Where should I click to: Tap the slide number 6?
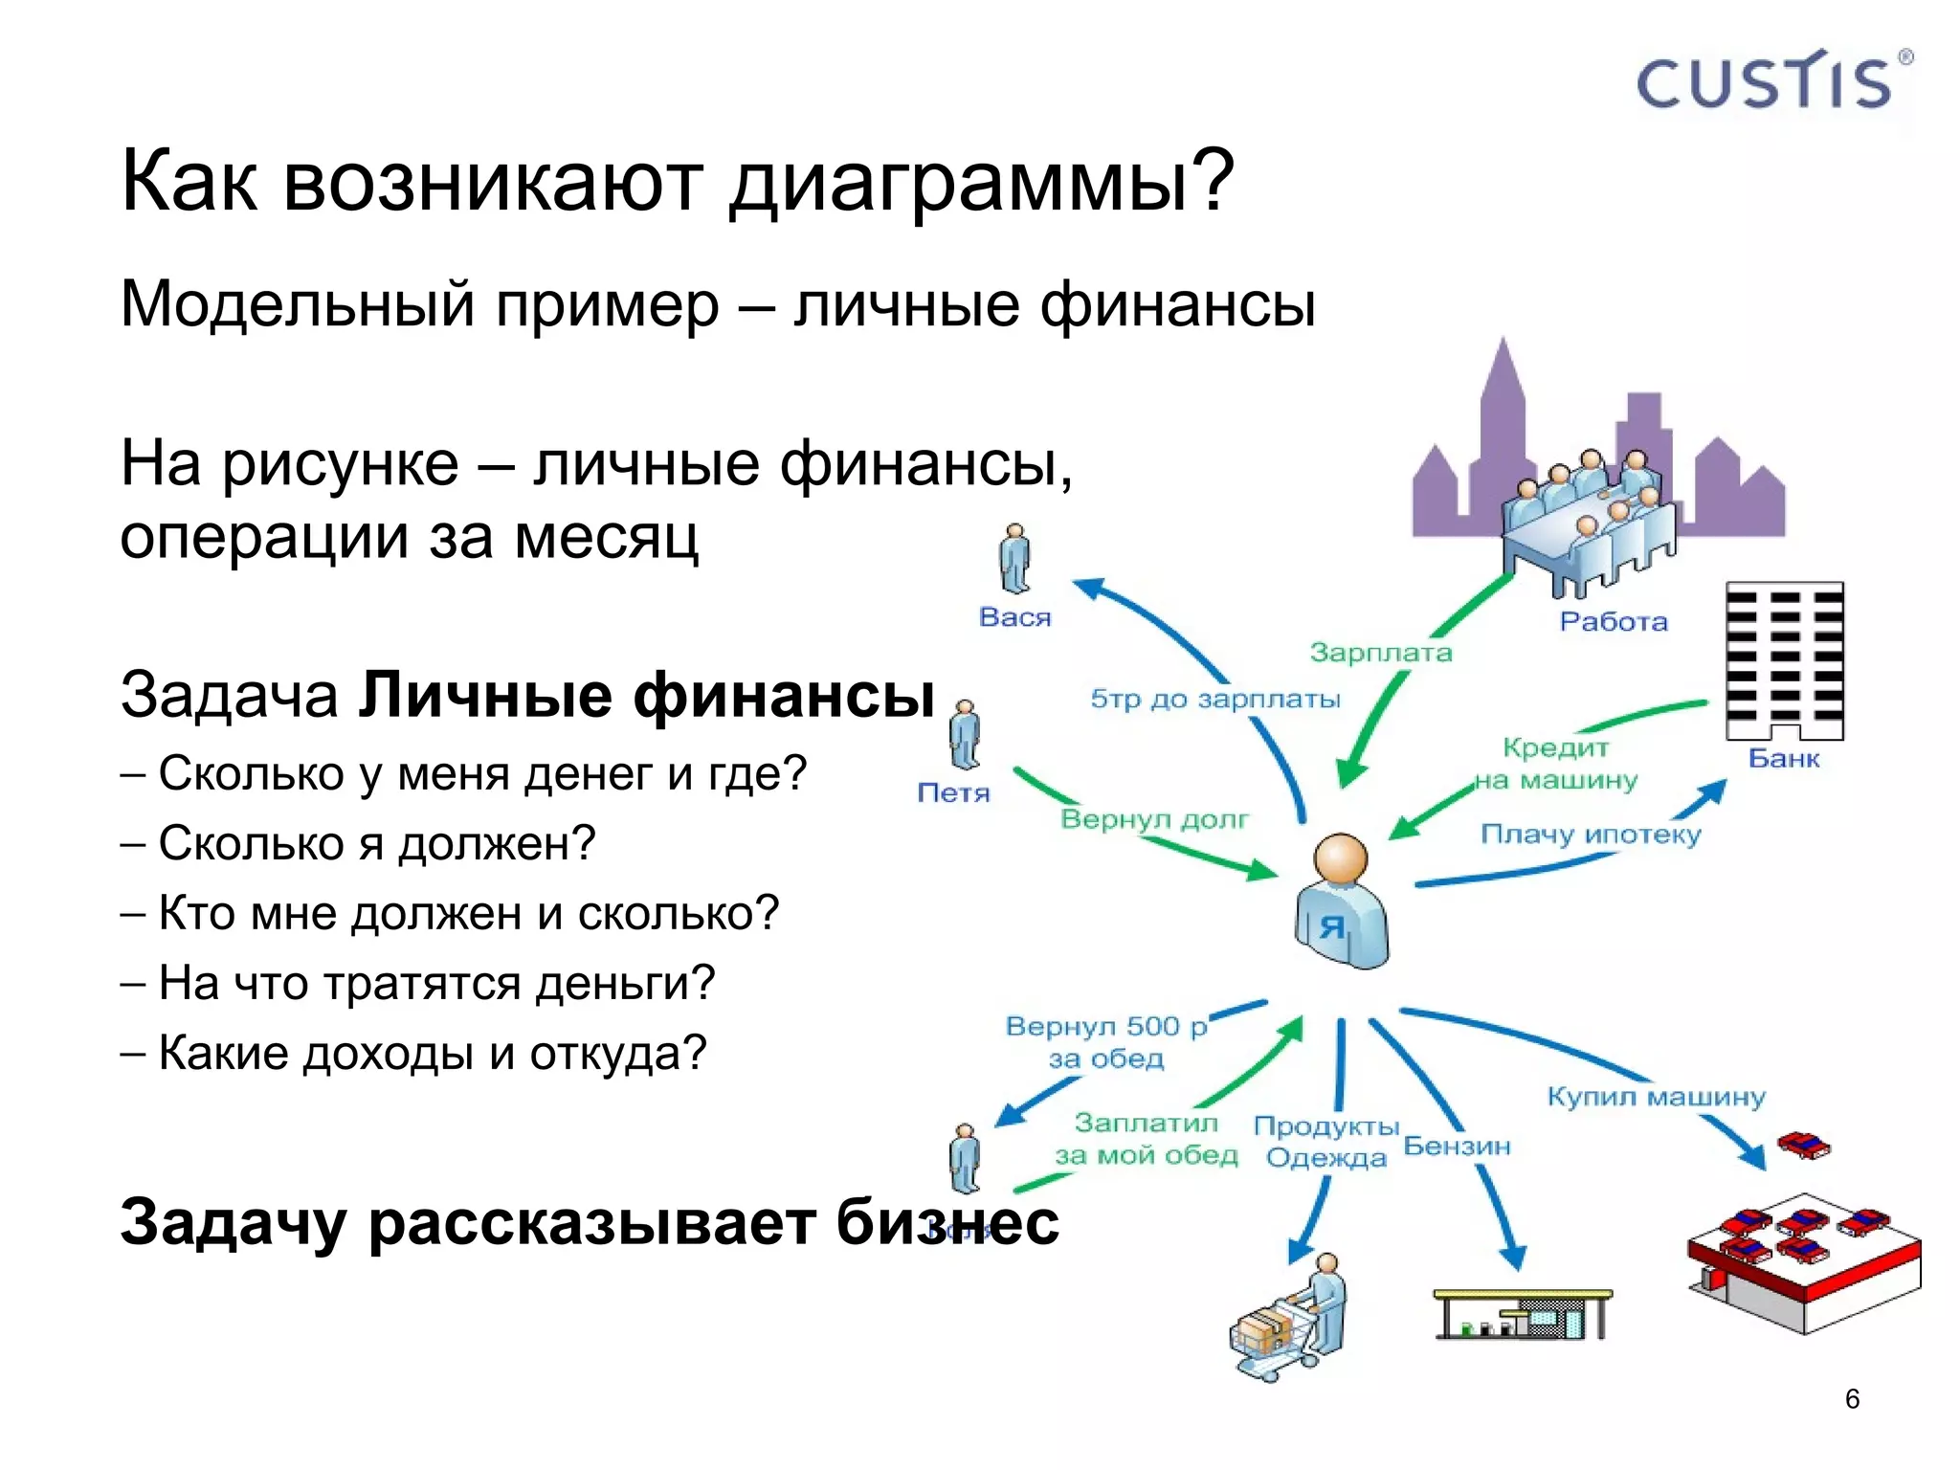click(1852, 1399)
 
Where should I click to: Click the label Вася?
click(1014, 617)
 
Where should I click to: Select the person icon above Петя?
click(965, 734)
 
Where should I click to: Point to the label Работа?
click(1614, 622)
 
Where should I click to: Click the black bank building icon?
click(1785, 660)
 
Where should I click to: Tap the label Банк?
click(1784, 759)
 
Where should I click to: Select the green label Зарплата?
click(1381, 653)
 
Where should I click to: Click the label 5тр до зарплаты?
click(1215, 699)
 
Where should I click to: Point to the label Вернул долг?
click(1154, 819)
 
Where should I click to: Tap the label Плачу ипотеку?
click(1591, 835)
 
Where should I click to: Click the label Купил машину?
click(1656, 1097)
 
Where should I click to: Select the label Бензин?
click(1457, 1146)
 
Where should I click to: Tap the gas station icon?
click(1522, 1314)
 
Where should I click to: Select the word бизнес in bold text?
click(947, 1222)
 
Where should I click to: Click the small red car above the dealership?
click(1803, 1144)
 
